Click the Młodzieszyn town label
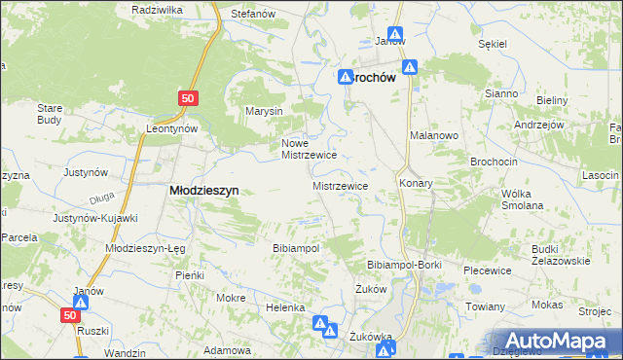204,192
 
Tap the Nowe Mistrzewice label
309,148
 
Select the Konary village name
416,183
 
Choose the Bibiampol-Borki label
404,265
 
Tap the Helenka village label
286,307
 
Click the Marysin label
264,111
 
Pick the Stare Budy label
50,114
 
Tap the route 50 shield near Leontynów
189,98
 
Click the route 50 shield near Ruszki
68,315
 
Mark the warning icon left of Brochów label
346,78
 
